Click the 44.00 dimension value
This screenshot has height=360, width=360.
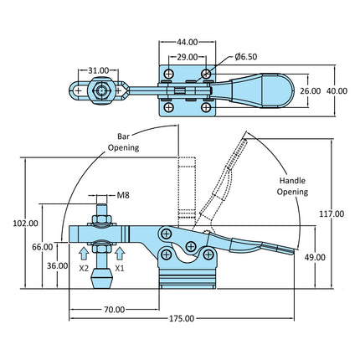(x=187, y=42)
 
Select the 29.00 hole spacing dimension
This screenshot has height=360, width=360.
(x=188, y=57)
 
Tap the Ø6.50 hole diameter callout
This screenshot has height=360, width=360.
(x=246, y=57)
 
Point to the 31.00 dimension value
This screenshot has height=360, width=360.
(x=98, y=70)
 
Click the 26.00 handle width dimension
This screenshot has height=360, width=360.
(x=311, y=90)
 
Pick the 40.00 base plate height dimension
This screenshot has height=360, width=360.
(x=337, y=90)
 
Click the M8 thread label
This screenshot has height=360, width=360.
(x=123, y=195)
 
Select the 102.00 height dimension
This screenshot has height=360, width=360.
(x=26, y=224)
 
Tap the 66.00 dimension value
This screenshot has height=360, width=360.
(x=43, y=247)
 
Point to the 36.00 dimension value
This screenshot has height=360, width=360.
(x=57, y=265)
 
